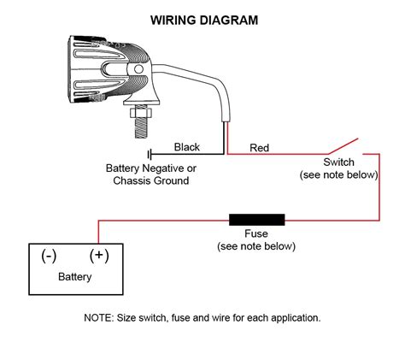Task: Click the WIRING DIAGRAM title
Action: click(202, 19)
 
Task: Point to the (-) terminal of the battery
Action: click(48, 255)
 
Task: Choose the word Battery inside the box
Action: click(74, 277)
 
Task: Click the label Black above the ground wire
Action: click(187, 147)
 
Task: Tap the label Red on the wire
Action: click(259, 148)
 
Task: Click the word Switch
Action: click(339, 162)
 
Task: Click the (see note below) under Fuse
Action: click(256, 246)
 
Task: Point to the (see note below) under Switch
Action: click(339, 174)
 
